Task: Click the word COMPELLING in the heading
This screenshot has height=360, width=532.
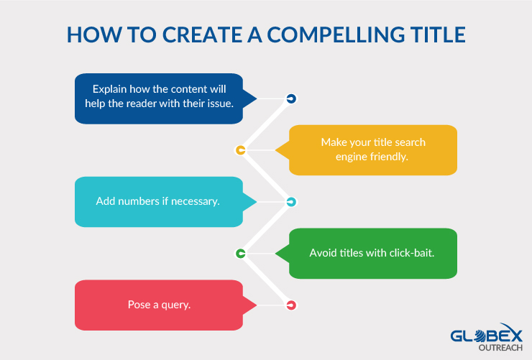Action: coord(336,34)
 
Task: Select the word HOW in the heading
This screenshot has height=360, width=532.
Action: coord(94,34)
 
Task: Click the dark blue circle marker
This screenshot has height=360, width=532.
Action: coord(291,98)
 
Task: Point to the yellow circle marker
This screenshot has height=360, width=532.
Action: coord(241,150)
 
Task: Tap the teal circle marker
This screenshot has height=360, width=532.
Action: coord(291,202)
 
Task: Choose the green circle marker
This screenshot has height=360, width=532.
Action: coord(241,253)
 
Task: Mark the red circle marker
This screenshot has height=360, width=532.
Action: coord(291,305)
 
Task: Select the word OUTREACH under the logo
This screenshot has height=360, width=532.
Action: coord(500,348)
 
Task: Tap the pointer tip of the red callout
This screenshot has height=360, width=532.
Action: coord(257,305)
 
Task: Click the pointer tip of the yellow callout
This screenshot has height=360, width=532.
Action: coord(275,150)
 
